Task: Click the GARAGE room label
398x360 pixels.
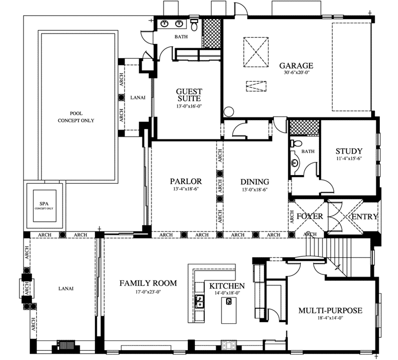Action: point(295,66)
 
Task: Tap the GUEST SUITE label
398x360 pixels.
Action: point(189,95)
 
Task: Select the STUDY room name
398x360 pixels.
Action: point(349,151)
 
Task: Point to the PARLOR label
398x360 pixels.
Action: point(186,182)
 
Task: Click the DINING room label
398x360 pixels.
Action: point(255,182)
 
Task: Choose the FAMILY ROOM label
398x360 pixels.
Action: point(148,283)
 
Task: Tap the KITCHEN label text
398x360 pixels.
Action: point(227,286)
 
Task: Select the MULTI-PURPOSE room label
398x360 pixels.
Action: point(330,311)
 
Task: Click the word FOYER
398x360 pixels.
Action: point(310,217)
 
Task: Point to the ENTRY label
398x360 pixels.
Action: point(365,217)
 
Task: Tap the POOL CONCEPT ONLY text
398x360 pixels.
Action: point(76,117)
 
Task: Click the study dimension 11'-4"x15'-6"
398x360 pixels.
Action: point(349,159)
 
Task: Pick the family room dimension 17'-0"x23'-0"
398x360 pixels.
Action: point(148,291)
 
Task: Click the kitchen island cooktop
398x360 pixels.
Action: point(228,301)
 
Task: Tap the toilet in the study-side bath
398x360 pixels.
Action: point(295,143)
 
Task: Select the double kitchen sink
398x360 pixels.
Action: point(200,301)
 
